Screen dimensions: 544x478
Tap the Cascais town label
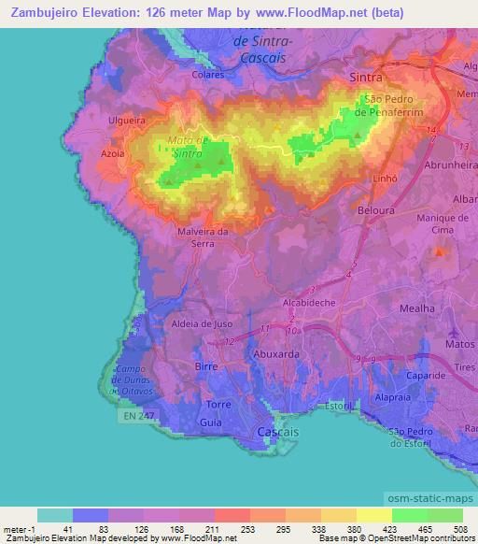tap(277, 433)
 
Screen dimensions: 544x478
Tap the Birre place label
tap(205, 367)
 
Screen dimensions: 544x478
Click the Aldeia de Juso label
tap(203, 323)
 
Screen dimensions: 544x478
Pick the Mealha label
tap(417, 308)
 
